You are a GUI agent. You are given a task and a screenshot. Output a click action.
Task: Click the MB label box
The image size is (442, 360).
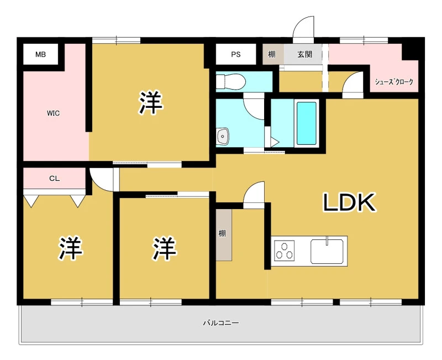coord(40,54)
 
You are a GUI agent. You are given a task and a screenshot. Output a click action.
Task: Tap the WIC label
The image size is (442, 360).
coord(53,113)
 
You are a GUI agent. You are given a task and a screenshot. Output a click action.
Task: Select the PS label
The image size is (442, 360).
coord(236,54)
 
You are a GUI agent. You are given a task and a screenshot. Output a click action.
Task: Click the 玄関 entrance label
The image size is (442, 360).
coord(305,54)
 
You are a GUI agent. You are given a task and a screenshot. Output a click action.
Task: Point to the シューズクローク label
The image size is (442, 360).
coord(394,82)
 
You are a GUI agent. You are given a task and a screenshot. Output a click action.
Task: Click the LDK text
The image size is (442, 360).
coord(349,202)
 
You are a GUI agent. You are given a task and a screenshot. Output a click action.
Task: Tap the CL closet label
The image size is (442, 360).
coord(54,178)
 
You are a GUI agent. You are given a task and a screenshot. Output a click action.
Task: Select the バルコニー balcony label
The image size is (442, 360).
coord(221,322)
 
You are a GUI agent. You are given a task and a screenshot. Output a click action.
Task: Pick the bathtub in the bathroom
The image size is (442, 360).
coord(307,123)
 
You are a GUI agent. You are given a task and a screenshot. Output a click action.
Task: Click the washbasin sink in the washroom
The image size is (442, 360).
coord(223,137)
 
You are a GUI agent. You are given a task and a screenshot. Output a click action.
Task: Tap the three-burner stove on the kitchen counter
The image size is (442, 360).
coord(284,251)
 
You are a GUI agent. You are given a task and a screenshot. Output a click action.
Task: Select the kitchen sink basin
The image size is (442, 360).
coord(327,252)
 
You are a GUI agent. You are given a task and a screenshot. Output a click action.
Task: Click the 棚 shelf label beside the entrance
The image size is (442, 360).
coord(272,54)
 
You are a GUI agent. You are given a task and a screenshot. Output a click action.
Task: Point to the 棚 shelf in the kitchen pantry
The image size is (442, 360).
coord(224,234)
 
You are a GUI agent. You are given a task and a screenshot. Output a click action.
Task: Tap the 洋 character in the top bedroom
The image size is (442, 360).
coord(150,102)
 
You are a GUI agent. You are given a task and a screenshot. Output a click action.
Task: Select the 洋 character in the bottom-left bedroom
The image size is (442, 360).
coord(71,248)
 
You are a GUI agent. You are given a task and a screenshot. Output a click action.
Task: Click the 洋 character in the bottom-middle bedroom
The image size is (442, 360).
coord(165,248)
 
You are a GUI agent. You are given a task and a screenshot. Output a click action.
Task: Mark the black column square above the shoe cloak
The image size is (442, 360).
coord(410,52)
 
